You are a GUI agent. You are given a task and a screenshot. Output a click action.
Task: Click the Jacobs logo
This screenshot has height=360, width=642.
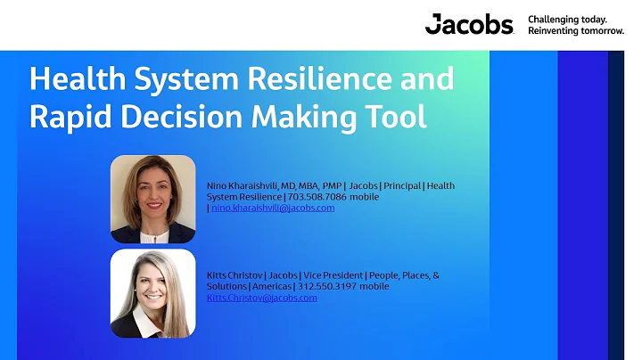coord(469,24)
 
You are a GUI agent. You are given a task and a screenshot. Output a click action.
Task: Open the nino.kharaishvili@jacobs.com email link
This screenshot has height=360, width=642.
coord(273,208)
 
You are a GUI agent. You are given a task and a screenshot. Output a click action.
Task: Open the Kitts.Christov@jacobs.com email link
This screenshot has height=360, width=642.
coord(261,298)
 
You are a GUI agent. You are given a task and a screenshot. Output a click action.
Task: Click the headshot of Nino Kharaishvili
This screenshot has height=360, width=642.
coord(152,199)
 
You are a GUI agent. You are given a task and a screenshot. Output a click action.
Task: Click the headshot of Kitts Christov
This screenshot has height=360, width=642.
coord(152,293)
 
